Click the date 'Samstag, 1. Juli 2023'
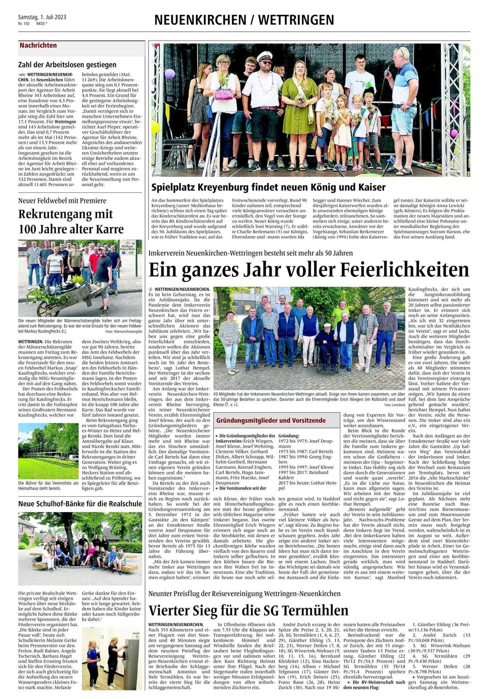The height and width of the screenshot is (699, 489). click(42, 17)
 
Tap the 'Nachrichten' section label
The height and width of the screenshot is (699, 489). click(38, 46)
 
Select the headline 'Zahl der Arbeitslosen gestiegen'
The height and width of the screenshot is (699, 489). click(67, 65)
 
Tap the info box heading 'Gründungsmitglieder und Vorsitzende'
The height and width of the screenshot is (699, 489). click(271, 420)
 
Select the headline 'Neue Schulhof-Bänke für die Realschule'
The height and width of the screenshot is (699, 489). click(80, 504)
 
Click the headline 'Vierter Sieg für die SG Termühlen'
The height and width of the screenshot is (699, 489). click(249, 610)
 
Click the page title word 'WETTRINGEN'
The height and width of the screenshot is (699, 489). click(296, 20)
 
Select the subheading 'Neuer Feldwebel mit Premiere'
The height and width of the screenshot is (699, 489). click(62, 200)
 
